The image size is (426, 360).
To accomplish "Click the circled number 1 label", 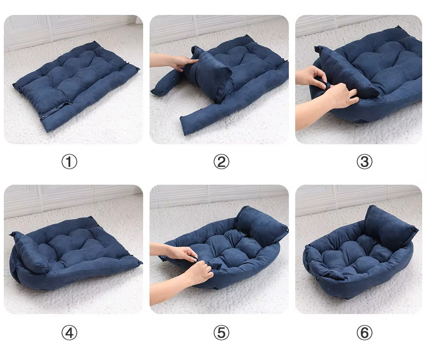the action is click(x=69, y=162).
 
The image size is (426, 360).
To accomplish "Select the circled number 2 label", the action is click(x=221, y=162).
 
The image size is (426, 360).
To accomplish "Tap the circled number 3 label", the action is click(x=364, y=162).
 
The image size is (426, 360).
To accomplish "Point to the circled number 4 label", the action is click(x=69, y=333).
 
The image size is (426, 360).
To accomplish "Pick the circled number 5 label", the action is click(x=221, y=333).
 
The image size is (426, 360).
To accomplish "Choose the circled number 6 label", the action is click(x=364, y=333).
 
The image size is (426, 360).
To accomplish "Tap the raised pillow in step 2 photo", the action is click(x=209, y=73).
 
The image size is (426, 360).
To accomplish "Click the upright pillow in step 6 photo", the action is click(x=390, y=228).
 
